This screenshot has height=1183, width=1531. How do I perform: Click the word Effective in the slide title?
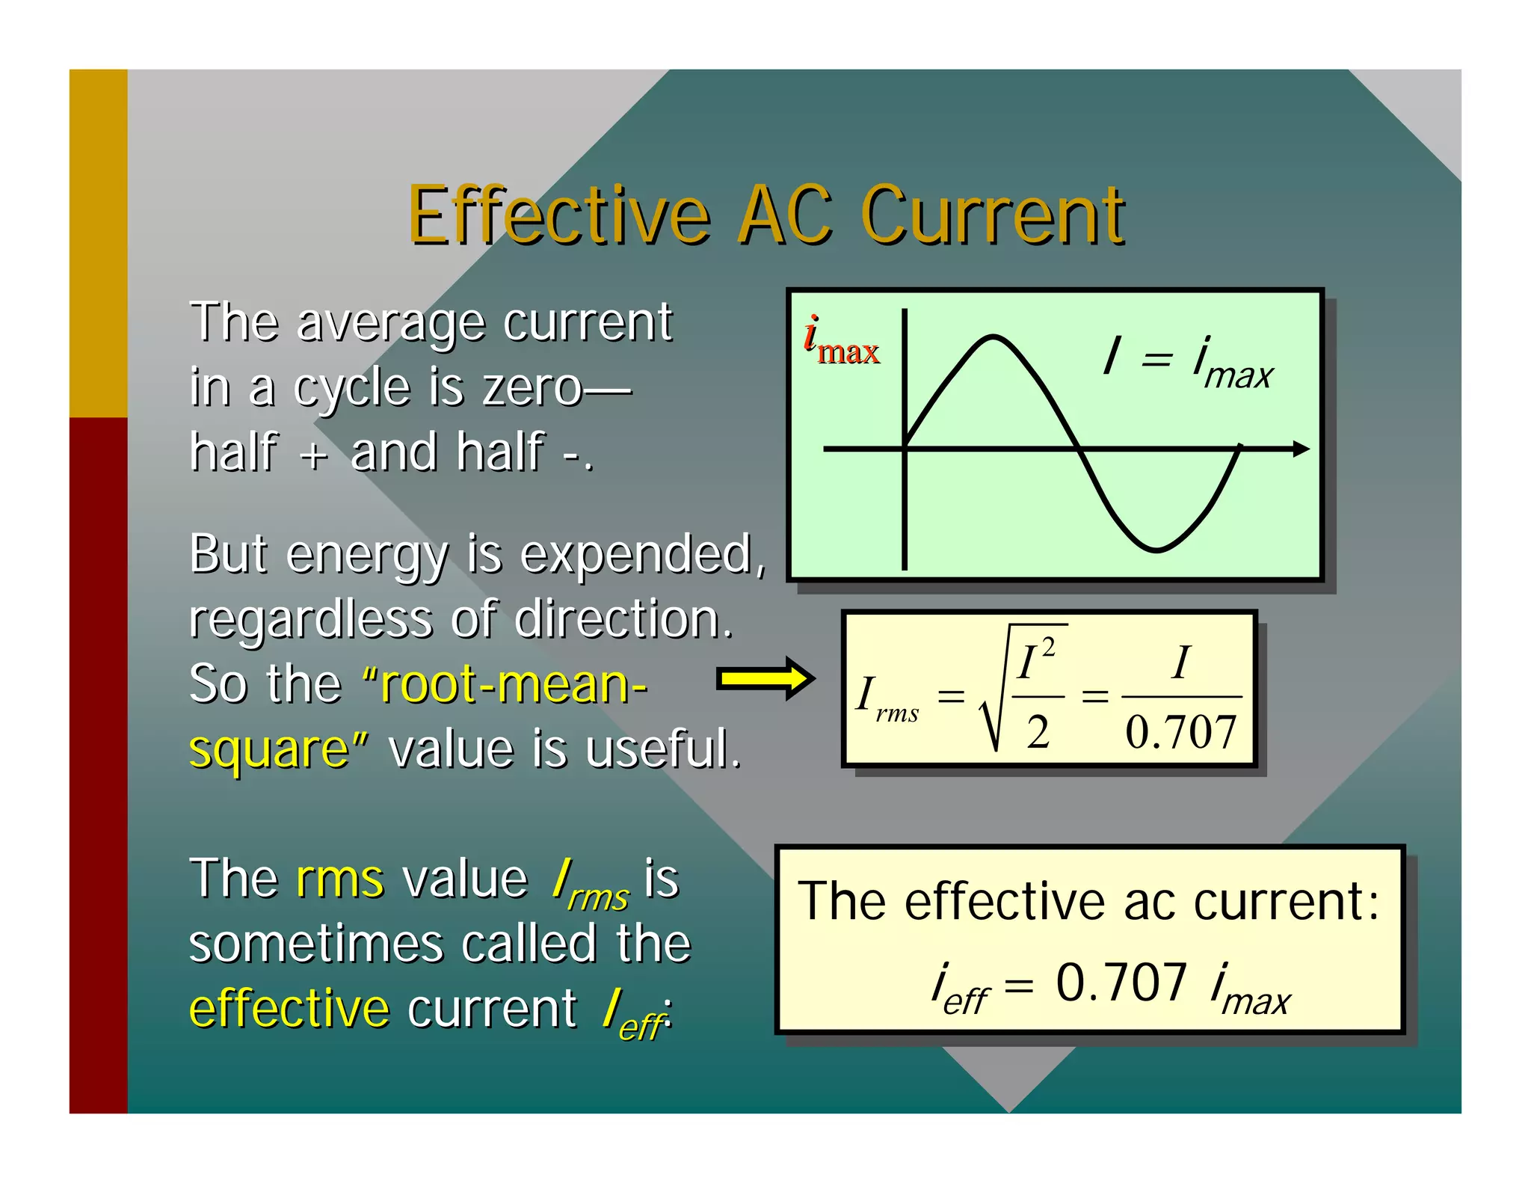click(x=559, y=217)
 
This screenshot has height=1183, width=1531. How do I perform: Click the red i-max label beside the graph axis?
click(x=840, y=343)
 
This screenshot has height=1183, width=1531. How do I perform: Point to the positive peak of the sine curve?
click(x=993, y=339)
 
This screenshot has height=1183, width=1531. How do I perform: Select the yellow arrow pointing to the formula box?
click(x=765, y=679)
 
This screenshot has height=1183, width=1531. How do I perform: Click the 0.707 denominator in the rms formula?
click(x=1180, y=732)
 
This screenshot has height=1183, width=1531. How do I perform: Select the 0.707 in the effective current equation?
click(x=1121, y=982)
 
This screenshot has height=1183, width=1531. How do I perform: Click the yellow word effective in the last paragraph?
click(x=289, y=1009)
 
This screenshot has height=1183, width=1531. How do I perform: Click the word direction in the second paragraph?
click(x=623, y=620)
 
